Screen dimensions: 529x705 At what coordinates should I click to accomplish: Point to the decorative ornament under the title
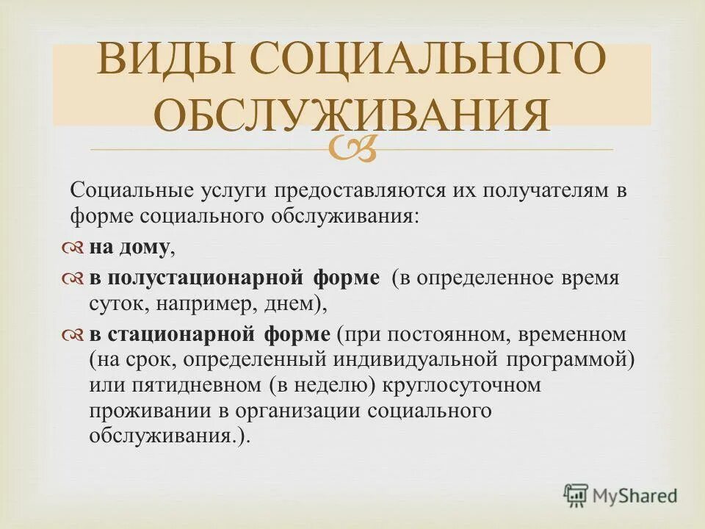pos(352,147)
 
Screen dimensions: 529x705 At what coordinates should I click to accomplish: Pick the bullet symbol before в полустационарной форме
pos(74,279)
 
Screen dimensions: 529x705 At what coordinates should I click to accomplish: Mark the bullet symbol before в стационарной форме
pos(74,335)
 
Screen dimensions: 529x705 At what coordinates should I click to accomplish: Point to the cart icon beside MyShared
pos(576,495)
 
